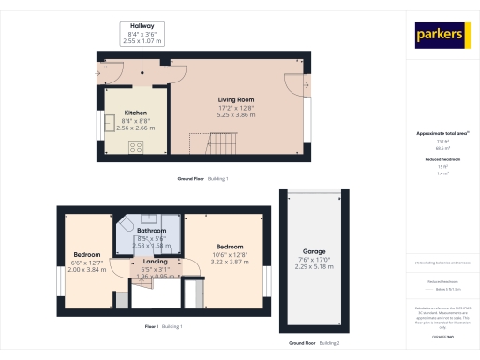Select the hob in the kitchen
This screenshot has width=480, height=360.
point(137,146)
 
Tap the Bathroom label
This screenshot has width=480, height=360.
point(151,230)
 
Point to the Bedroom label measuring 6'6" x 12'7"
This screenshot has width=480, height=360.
point(87,253)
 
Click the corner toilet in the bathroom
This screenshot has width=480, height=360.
point(126,226)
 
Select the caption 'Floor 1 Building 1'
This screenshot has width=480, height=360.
point(163,325)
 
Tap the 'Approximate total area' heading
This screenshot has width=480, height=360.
point(437,133)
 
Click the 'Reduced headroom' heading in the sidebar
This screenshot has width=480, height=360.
point(437,159)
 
